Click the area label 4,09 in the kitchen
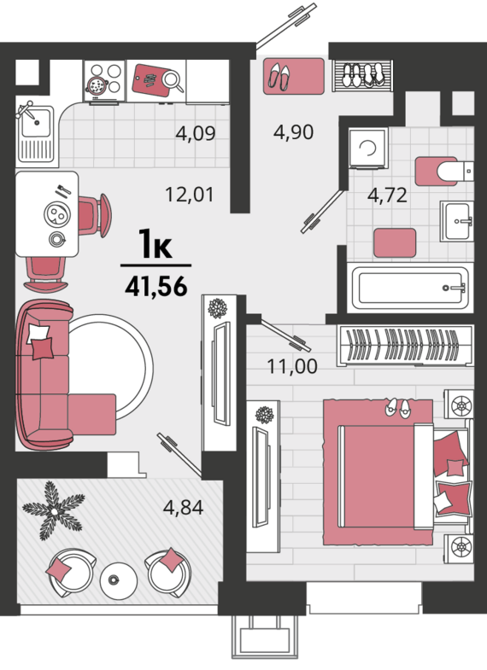coord(196,134)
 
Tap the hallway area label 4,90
coord(294,132)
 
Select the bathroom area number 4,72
coord(387,195)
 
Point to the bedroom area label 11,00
coord(292,367)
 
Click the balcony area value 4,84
coord(183,508)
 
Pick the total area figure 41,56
coord(156,286)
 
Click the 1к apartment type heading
coord(155,244)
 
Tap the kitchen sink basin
coord(36,124)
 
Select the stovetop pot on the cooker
coord(97,84)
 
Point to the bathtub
coord(410,288)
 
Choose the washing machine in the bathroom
coord(368,148)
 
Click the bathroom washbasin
coord(457,221)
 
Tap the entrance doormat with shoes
coord(293,76)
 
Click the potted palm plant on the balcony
coord(54,510)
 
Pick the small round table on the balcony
coord(119,580)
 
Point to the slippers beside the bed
coord(397,408)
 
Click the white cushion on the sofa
coord(38,333)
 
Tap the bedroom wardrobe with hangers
coord(405,345)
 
